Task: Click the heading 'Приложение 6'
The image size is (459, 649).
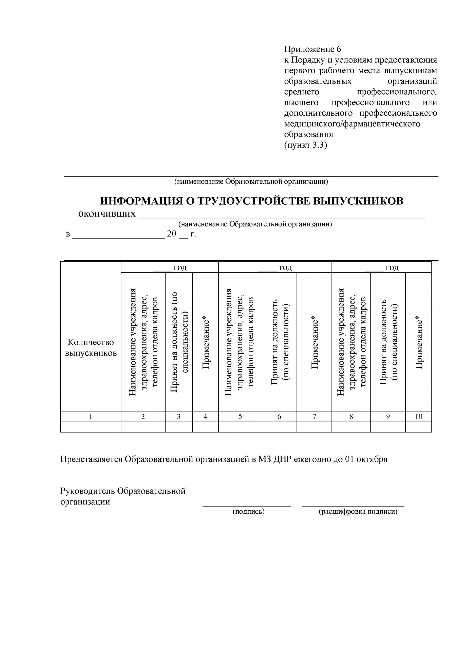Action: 312,49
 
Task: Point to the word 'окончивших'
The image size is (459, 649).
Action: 107,214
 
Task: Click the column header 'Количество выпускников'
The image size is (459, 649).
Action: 91,348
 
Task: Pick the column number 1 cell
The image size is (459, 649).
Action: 91,416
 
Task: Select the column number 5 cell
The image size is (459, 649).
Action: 240,416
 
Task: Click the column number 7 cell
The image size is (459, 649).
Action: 314,416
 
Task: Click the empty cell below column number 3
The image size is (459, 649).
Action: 179,427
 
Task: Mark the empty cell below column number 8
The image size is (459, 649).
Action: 351,427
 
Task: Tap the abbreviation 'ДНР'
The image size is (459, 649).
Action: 283,459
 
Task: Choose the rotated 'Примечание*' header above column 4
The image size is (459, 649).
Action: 206,344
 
